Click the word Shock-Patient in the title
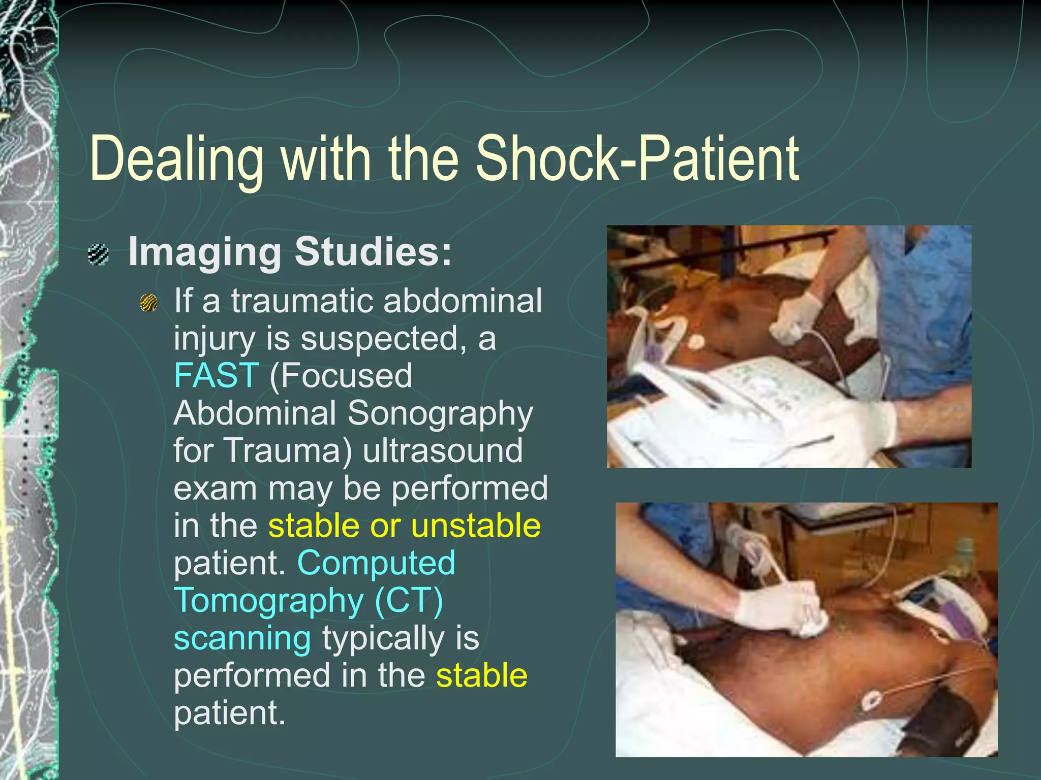tap(637, 158)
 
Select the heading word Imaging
tap(204, 252)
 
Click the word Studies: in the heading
tap(373, 251)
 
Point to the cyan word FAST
tap(217, 375)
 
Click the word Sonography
tap(440, 414)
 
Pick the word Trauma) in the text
tap(287, 450)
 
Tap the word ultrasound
tap(443, 450)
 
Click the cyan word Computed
tap(376, 563)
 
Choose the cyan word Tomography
tap(268, 601)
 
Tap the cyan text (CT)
tap(409, 601)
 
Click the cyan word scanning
tap(242, 638)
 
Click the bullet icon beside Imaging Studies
tap(98, 254)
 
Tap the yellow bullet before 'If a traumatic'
tap(149, 303)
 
